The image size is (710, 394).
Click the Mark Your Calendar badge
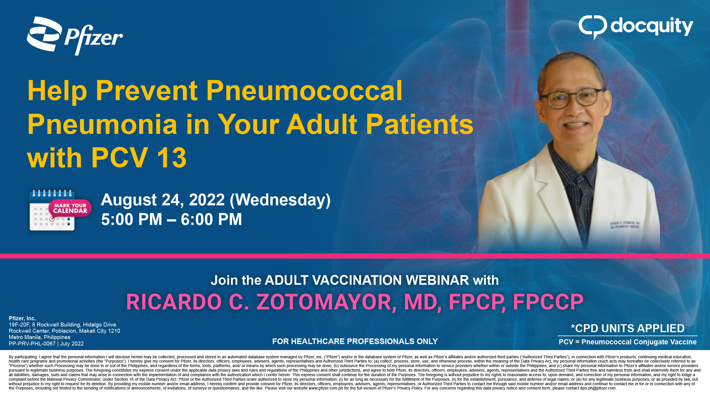click(x=70, y=208)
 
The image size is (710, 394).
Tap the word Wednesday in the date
click(x=280, y=200)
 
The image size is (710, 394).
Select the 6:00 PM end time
click(x=211, y=220)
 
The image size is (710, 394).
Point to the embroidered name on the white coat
click(x=625, y=225)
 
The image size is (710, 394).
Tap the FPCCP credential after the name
click(x=548, y=302)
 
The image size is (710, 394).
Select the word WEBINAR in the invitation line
click(x=437, y=280)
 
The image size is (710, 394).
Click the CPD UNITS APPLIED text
click(x=628, y=328)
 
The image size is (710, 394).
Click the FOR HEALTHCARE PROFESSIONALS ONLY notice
click(x=355, y=341)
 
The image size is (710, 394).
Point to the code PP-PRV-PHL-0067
click(x=32, y=344)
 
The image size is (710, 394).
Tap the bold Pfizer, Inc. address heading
click(x=22, y=318)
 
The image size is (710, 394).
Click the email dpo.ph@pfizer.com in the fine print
click(x=598, y=388)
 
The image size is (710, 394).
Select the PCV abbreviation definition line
click(x=628, y=342)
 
